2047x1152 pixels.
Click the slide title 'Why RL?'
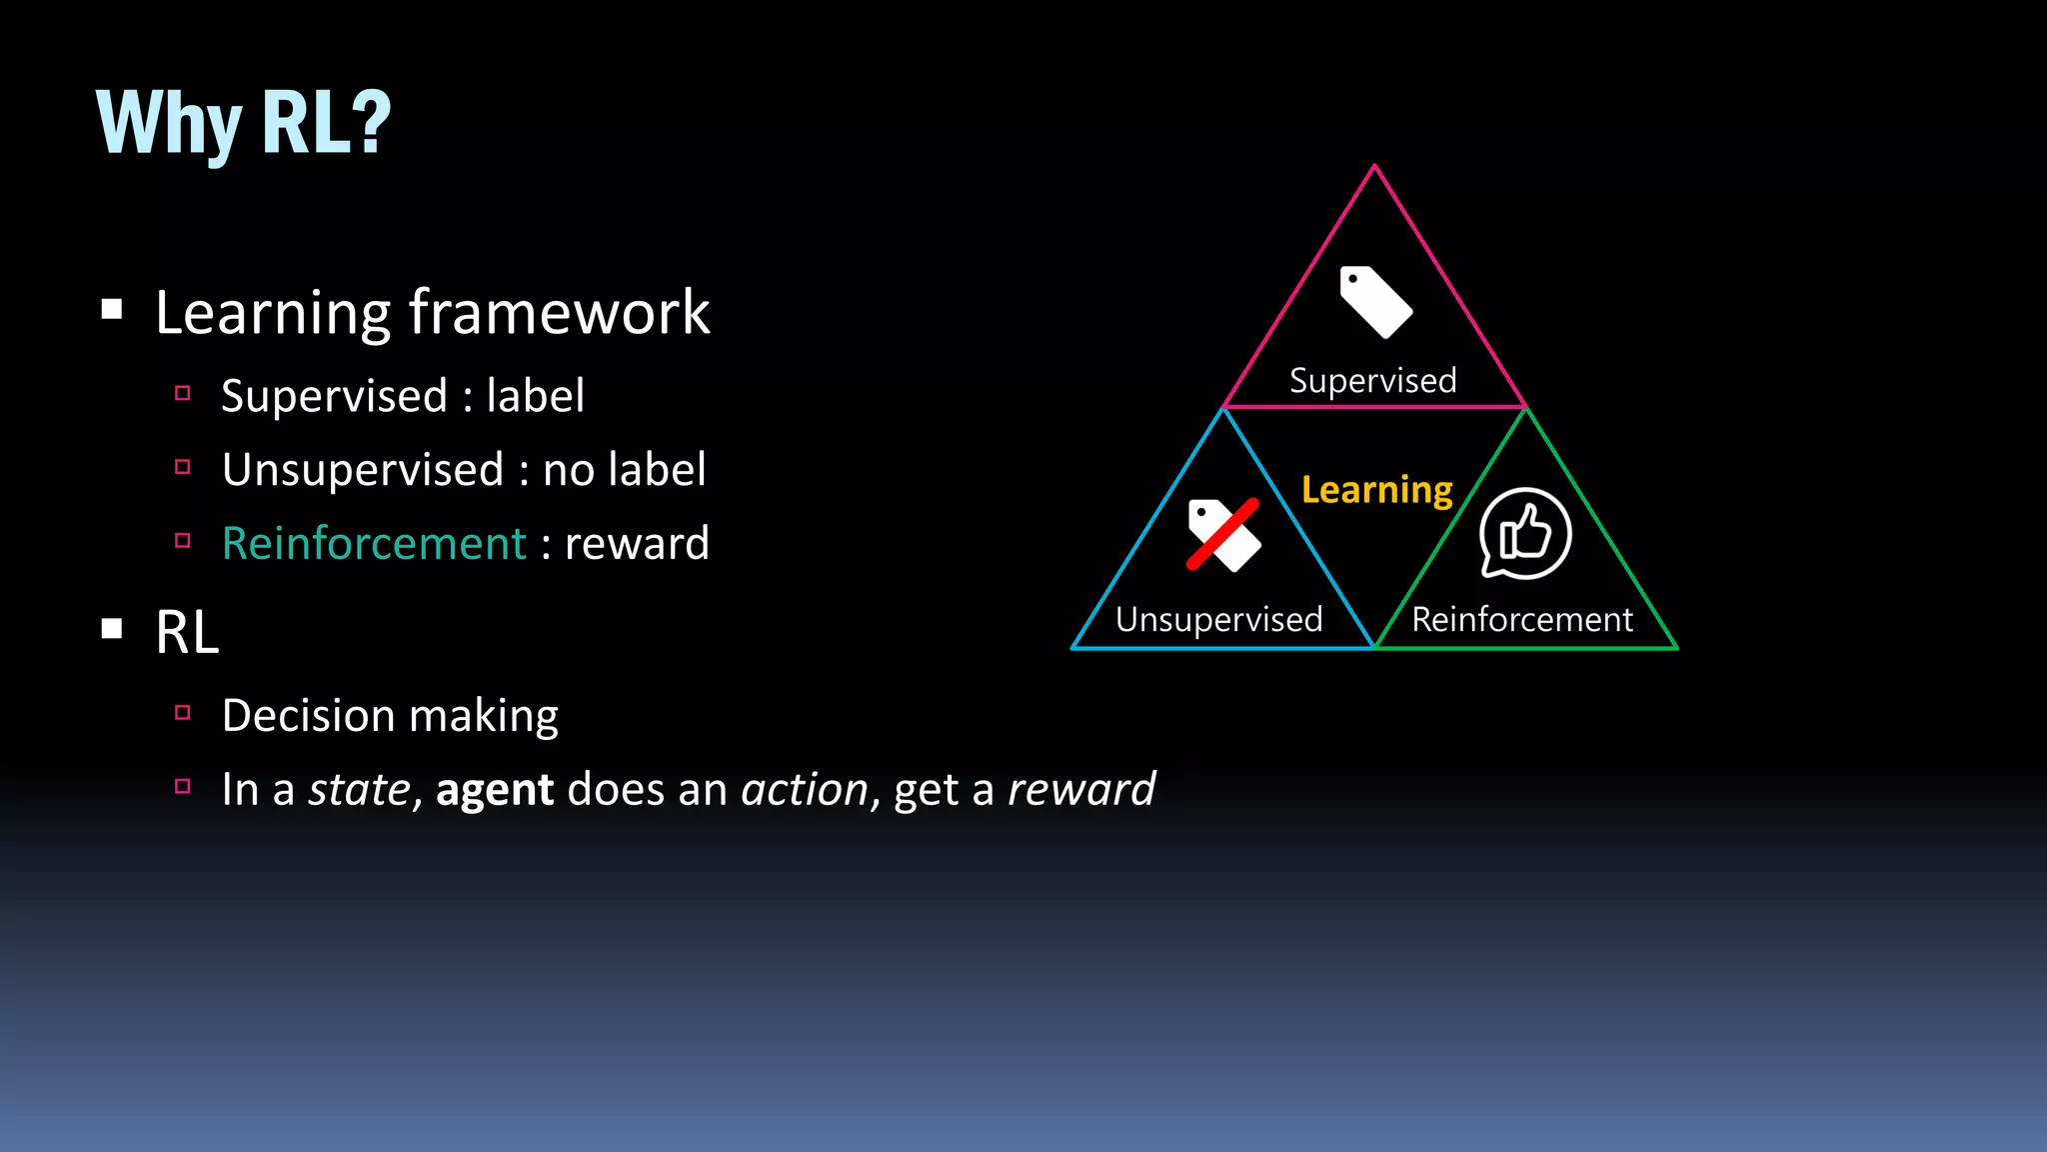(x=243, y=123)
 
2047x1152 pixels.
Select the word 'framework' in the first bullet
(x=560, y=313)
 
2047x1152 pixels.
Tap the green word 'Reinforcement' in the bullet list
(x=374, y=544)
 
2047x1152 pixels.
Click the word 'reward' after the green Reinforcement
(x=637, y=544)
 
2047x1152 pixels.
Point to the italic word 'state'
(x=359, y=790)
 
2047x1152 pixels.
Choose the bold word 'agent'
(x=494, y=790)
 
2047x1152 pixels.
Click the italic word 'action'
(x=805, y=790)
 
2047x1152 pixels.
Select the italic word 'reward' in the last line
(x=1081, y=790)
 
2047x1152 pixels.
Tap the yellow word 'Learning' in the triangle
(x=1376, y=490)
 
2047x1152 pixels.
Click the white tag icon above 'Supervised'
(x=1375, y=302)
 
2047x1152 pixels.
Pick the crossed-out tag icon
(x=1223, y=535)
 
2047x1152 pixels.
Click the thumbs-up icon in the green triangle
(x=1525, y=533)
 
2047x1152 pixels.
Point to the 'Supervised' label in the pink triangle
(x=1372, y=381)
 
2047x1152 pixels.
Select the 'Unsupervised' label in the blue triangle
(x=1218, y=620)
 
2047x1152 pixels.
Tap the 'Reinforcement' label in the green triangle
(x=1521, y=620)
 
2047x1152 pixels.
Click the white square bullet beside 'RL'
(x=112, y=629)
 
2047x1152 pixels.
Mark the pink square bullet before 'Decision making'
(x=182, y=713)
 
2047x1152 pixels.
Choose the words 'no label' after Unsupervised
(x=624, y=470)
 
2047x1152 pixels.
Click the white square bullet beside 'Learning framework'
(x=112, y=309)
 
